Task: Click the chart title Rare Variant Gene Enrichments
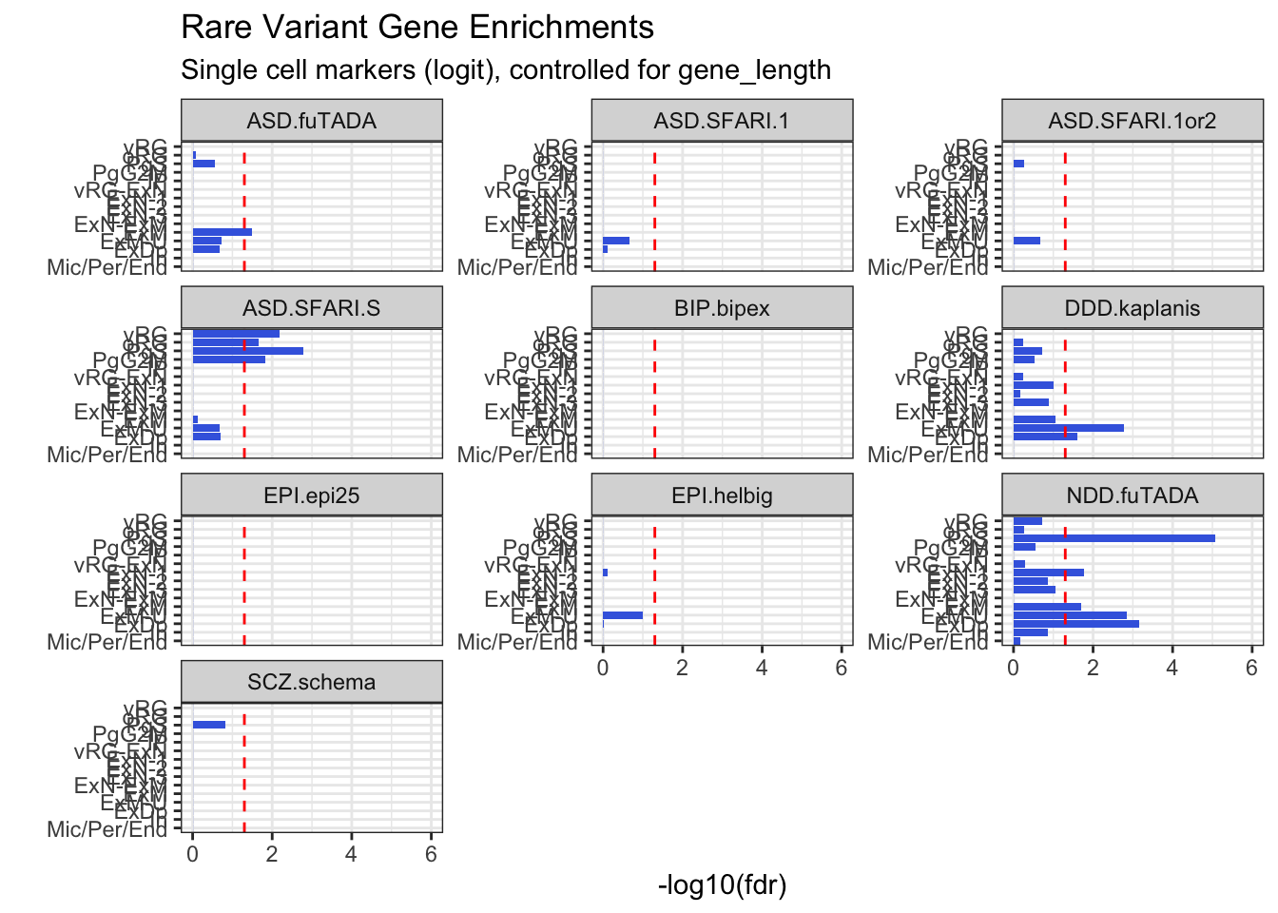tap(416, 28)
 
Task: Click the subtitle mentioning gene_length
tap(506, 70)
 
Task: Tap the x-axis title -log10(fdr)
tap(722, 885)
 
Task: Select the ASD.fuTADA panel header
tap(311, 121)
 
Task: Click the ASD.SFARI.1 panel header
tap(722, 121)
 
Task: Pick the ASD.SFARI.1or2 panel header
tap(1132, 121)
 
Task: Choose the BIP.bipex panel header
tap(722, 308)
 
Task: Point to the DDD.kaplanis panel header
tap(1132, 308)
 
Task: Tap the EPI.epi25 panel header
tap(311, 495)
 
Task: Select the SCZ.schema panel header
tap(311, 682)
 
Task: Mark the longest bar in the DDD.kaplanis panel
tap(1068, 428)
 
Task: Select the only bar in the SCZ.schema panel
tap(209, 725)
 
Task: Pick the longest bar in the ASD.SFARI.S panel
tap(247, 351)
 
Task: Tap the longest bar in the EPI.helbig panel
tap(622, 615)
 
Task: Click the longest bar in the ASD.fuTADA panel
tap(222, 232)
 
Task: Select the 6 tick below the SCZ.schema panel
tap(431, 854)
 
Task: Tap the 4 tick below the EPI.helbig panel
tap(762, 668)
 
